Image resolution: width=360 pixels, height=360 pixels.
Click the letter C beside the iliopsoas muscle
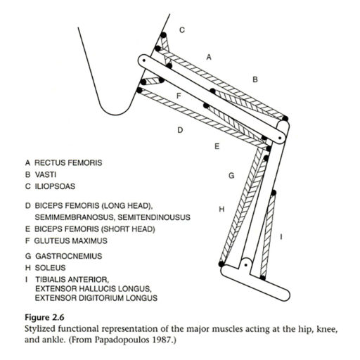(182, 30)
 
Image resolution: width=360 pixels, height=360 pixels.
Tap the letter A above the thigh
(209, 57)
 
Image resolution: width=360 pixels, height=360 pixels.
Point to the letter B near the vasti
(255, 79)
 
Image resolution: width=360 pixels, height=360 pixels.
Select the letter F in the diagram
(179, 96)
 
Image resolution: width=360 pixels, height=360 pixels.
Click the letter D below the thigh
(180, 130)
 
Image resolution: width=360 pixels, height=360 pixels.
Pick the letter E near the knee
(217, 146)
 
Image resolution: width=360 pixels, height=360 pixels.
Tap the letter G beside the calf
(231, 176)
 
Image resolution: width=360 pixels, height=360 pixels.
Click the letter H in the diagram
(221, 209)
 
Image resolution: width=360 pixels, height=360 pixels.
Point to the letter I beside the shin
(281, 237)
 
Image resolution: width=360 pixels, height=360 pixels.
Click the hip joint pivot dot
(143, 60)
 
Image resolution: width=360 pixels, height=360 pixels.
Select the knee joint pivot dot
(280, 138)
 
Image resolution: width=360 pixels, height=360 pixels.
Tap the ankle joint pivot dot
(245, 265)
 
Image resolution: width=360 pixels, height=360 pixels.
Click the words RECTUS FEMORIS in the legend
(68, 162)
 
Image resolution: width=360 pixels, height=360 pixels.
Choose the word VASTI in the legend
(46, 174)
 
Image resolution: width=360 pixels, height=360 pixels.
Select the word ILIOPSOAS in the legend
(55, 186)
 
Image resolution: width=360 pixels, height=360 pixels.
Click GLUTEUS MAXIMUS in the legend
(71, 240)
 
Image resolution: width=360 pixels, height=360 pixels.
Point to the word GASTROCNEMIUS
(69, 256)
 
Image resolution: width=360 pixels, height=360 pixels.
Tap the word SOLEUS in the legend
(50, 268)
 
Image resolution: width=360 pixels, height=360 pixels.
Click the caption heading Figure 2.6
(44, 318)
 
